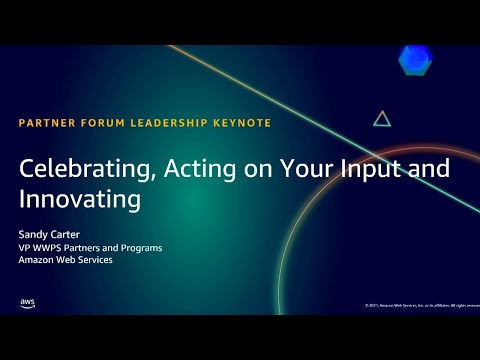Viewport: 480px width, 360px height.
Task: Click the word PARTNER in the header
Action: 46,123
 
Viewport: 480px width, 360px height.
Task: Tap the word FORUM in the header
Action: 103,123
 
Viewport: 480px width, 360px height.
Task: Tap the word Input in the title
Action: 369,171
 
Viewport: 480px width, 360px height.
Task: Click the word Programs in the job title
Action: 141,248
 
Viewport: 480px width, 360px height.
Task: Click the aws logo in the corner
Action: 28,303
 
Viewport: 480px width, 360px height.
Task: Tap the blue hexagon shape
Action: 415,61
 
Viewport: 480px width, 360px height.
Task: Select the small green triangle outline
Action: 381,119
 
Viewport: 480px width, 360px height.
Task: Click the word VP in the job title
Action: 25,248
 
